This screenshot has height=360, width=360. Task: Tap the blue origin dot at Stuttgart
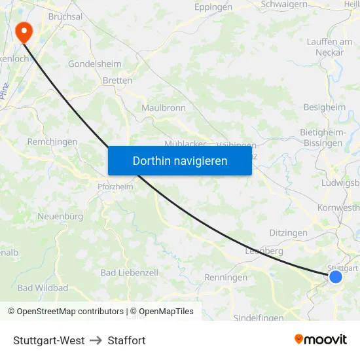[x=336, y=277]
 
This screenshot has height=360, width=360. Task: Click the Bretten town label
[x=118, y=81]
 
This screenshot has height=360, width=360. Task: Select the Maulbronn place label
[x=164, y=108]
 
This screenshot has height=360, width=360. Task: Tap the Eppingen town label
[x=213, y=8]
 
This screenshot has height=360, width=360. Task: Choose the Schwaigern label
[x=284, y=4]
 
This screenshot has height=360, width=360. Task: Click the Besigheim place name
[x=324, y=107]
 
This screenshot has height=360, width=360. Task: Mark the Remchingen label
[x=52, y=141]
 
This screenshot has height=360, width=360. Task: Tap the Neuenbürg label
[x=60, y=216]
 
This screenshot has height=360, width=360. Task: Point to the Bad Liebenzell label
[x=129, y=272]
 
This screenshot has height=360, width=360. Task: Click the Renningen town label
[x=226, y=278]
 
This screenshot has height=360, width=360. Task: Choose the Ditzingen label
[x=288, y=233]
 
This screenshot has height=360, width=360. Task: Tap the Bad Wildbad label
[x=43, y=287]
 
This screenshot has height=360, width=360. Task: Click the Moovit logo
[x=321, y=340]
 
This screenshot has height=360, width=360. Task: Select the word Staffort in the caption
[x=126, y=340]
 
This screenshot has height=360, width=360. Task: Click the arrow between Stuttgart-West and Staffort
[x=96, y=340]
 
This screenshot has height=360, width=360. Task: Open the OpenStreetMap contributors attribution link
[x=70, y=312]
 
